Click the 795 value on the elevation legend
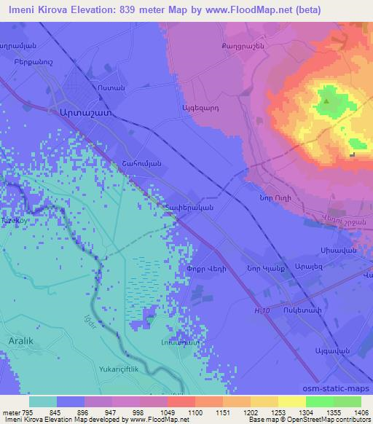point(27,412)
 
